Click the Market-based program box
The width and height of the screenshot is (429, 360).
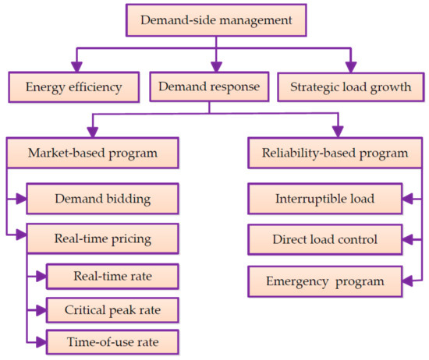point(93,153)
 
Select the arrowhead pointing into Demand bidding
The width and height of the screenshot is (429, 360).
point(23,198)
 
